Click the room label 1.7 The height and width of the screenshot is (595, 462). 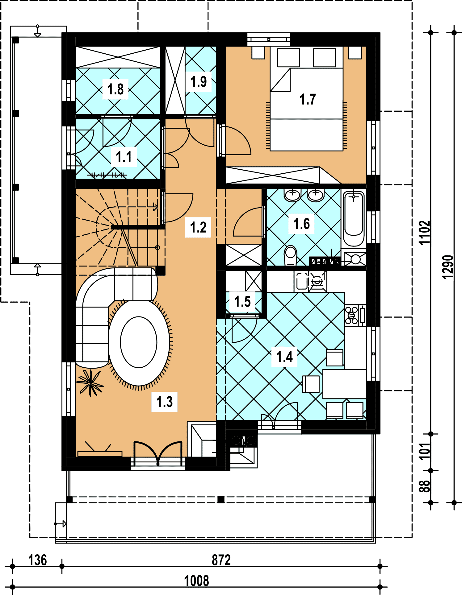(308, 99)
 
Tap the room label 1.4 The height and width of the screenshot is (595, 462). (284, 357)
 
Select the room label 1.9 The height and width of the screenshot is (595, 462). (198, 81)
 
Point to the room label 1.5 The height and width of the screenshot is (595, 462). (242, 301)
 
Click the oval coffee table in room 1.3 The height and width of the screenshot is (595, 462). (139, 342)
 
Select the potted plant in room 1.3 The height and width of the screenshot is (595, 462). (90, 383)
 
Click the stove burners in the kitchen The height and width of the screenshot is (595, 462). (351, 315)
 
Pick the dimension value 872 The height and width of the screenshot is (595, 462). (221, 560)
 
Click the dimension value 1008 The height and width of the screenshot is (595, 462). (196, 581)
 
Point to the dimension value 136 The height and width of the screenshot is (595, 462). (37, 560)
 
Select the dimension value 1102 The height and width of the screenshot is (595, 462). (424, 232)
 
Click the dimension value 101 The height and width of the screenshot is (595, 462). (424, 451)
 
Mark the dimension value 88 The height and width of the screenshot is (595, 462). (424, 486)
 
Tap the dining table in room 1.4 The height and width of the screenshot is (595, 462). (344, 384)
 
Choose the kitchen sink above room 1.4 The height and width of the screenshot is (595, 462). (301, 281)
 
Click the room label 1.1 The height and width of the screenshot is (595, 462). (124, 157)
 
